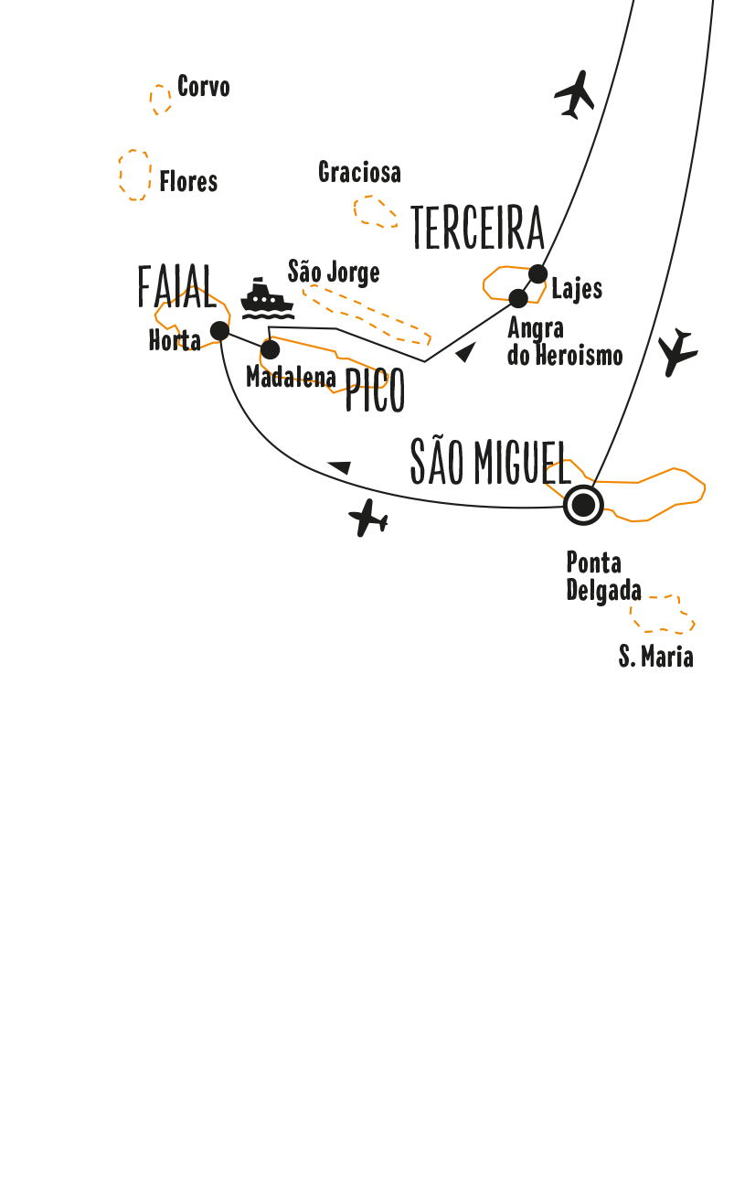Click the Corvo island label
[x=203, y=87]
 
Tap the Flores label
[x=188, y=181]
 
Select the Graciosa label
[x=359, y=172]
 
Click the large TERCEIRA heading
[x=477, y=229]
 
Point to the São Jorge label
[x=334, y=272]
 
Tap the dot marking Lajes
[x=538, y=273]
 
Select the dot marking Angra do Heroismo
[x=518, y=298]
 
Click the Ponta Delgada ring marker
[x=583, y=505]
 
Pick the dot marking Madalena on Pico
[x=271, y=350]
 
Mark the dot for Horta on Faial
[x=219, y=330]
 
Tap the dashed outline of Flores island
[x=134, y=175]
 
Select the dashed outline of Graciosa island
[x=375, y=210]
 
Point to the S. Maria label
[x=655, y=656]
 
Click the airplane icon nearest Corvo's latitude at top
[x=574, y=94]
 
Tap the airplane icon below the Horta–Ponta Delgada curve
[x=368, y=519]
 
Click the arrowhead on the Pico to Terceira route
[x=466, y=351]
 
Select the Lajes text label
[x=577, y=289]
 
